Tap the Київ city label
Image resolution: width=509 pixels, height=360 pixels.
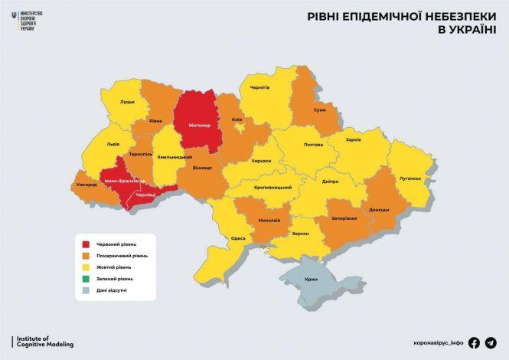point(237,120)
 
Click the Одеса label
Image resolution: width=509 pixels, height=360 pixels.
point(238,238)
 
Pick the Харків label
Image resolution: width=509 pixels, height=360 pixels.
point(353,140)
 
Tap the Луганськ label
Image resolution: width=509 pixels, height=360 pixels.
point(409,178)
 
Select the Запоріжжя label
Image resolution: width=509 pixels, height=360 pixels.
point(344,218)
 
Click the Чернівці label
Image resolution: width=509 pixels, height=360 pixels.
point(145,196)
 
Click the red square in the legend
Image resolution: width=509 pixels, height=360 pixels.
point(86,244)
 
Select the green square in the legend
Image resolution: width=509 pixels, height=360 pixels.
point(86,279)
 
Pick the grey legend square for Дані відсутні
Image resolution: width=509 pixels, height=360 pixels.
point(86,291)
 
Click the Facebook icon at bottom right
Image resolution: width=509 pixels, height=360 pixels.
point(474,343)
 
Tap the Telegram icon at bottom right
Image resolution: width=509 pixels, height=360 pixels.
point(491,343)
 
